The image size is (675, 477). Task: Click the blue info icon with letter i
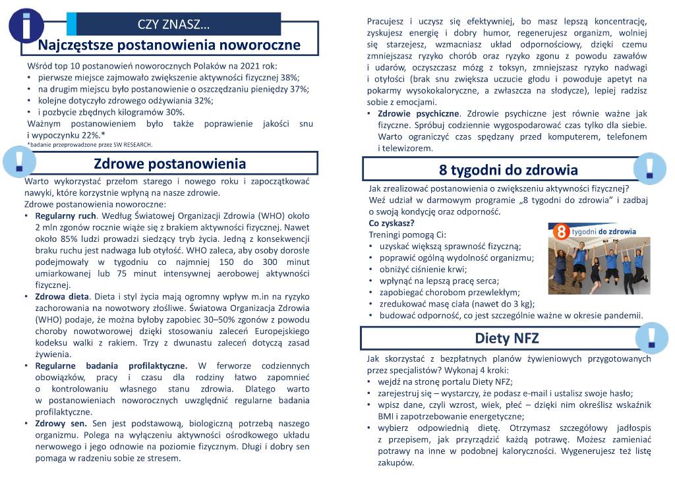(x=26, y=25)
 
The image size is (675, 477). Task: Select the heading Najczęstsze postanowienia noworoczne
(x=169, y=45)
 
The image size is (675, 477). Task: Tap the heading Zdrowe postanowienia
(x=169, y=163)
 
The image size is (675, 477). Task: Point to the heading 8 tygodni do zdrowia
(x=508, y=170)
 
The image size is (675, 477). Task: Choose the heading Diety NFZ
(x=507, y=338)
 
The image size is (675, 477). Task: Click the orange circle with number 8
(x=560, y=231)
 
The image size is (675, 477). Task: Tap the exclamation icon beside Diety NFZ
(x=652, y=337)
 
